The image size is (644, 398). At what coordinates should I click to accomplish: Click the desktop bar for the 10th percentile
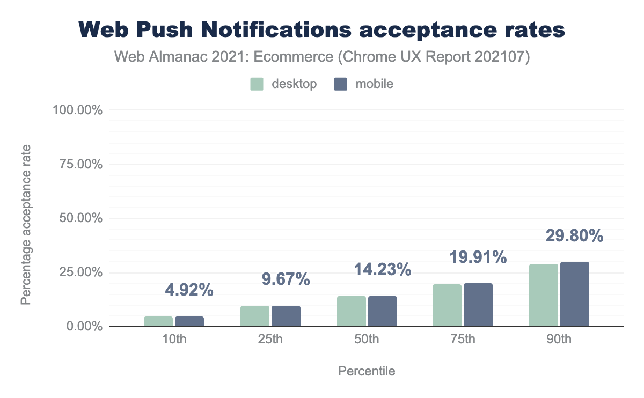158,321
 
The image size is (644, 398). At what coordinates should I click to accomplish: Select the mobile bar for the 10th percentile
189,321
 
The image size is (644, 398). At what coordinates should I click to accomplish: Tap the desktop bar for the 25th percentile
255,316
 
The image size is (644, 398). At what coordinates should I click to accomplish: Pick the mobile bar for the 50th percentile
383,311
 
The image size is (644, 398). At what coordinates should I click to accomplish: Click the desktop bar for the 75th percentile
447,305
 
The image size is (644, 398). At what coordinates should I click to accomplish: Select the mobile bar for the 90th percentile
575,294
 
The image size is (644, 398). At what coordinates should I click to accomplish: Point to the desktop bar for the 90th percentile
544,295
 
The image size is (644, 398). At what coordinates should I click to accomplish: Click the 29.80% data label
575,236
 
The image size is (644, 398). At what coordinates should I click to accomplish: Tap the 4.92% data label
189,290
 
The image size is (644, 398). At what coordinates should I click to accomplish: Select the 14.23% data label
383,269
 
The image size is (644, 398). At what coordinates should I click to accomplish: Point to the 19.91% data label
478,257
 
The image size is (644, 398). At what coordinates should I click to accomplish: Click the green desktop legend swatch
257,84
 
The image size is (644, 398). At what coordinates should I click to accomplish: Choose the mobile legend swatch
341,84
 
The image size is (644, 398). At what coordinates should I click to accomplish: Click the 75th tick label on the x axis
463,340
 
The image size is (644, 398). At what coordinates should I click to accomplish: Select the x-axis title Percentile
367,371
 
